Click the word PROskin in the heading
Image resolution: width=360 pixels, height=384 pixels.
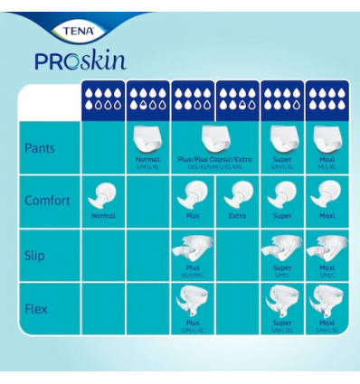[80, 61]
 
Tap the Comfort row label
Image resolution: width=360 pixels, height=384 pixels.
[47, 200]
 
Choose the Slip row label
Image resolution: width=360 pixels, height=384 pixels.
[34, 255]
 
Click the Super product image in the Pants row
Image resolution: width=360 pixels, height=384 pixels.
[280, 137]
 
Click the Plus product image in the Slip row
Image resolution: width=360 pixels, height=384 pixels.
[192, 246]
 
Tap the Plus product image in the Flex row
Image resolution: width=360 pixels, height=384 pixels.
[192, 302]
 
